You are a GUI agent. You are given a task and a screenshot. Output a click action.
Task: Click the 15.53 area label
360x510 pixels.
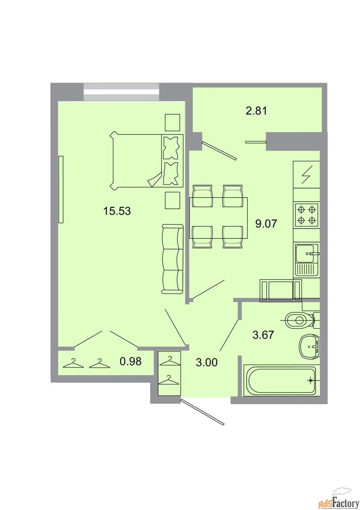pos(117,211)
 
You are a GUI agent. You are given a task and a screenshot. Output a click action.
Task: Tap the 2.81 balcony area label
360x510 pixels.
pos(256,111)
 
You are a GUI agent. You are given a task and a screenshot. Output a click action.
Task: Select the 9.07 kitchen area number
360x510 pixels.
pos(266,223)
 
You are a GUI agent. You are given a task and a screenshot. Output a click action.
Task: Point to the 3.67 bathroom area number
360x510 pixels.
pos(263,335)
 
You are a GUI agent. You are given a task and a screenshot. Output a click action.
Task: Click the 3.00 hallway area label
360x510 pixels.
pos(207,362)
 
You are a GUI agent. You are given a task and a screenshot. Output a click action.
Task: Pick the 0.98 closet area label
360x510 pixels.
pos(130,361)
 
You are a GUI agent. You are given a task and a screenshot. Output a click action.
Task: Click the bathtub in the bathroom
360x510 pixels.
pos(282,380)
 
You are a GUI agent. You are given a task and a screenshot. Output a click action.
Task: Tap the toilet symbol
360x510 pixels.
pos(300,320)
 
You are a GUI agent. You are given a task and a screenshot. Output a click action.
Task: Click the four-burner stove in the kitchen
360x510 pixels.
pos(307,215)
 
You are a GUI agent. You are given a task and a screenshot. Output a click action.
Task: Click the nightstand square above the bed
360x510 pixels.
pos(172,123)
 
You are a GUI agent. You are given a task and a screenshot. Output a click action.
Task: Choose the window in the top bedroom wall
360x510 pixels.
pos(121,92)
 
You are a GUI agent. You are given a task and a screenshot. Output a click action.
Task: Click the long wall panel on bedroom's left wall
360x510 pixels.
pos(61,190)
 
